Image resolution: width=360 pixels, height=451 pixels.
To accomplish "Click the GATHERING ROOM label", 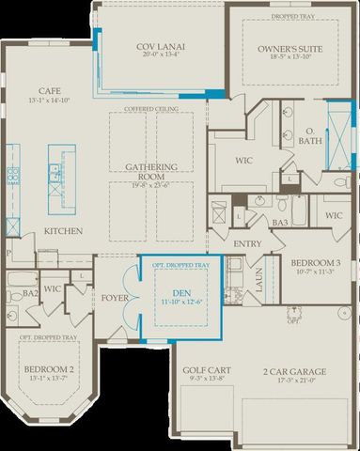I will tap(151, 171).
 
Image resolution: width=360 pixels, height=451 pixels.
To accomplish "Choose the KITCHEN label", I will tap(62, 231).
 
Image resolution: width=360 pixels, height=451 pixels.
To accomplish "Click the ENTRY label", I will tap(247, 243).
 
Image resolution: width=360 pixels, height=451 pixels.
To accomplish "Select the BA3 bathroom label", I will tap(279, 223).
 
